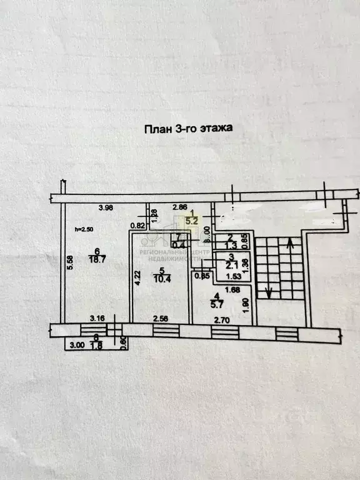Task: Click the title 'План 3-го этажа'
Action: coord(189,129)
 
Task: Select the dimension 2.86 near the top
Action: coord(179,207)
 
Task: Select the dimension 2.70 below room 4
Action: coord(223,320)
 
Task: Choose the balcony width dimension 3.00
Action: coord(76,345)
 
